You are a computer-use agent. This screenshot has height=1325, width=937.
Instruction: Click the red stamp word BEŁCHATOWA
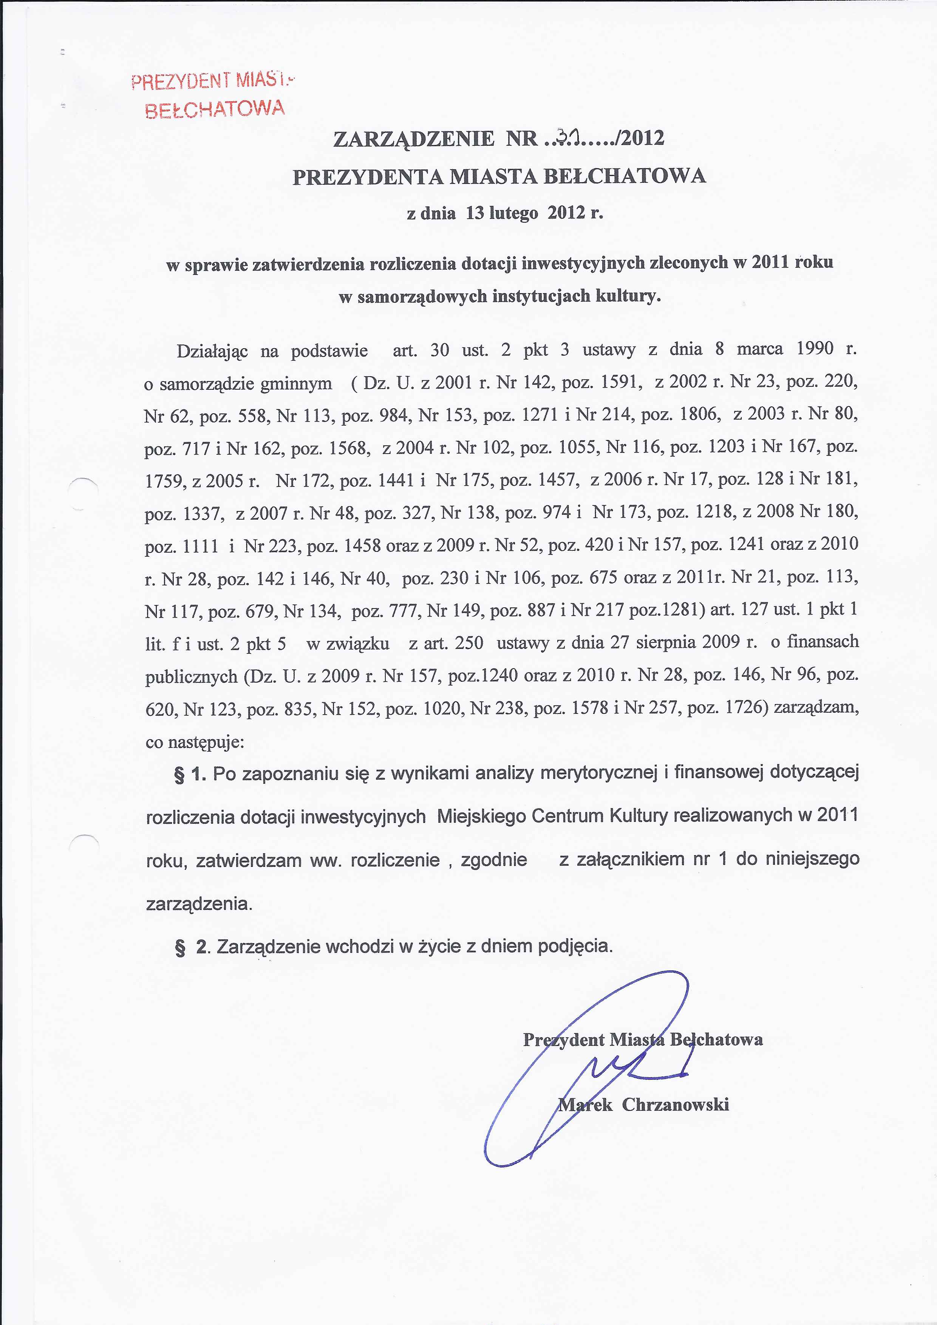point(215,108)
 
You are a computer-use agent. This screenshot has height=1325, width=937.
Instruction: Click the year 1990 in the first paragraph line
point(815,349)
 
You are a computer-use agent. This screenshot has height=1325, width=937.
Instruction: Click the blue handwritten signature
point(600,1073)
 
